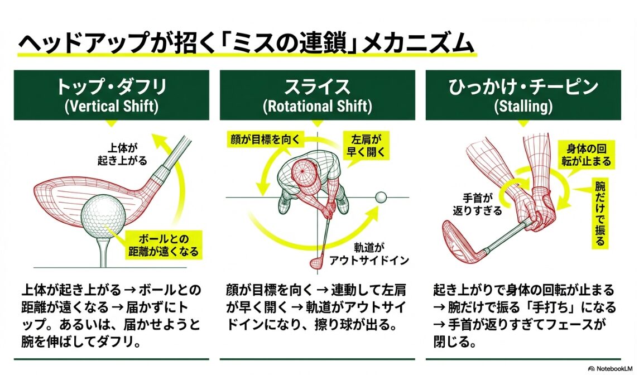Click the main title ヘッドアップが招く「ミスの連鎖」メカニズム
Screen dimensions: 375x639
[x=246, y=44]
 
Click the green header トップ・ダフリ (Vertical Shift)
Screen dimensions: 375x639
[x=112, y=95]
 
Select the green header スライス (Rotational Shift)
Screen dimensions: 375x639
[x=317, y=95]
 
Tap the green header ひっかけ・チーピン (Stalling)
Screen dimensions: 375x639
[x=523, y=95]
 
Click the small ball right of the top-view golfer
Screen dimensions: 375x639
[x=381, y=196]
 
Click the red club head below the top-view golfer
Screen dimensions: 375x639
[x=315, y=262]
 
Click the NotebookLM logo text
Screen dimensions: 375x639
[x=612, y=369]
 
